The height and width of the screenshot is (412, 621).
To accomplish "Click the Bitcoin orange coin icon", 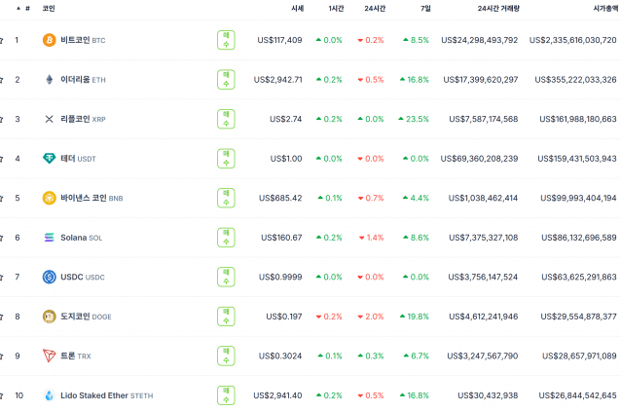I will (x=49, y=40).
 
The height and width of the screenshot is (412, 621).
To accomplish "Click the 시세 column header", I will (x=297, y=8).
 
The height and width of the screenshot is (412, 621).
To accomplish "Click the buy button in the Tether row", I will (x=226, y=159).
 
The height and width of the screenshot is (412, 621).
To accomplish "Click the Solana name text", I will (x=73, y=238).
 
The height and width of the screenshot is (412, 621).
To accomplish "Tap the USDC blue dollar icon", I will (x=49, y=278).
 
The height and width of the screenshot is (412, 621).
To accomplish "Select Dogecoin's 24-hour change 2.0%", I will (x=370, y=317).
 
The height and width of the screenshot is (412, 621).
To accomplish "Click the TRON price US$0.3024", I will (x=279, y=356).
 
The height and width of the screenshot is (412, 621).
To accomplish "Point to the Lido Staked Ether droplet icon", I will (x=49, y=395).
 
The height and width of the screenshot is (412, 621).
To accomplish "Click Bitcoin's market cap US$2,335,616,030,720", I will (x=572, y=40).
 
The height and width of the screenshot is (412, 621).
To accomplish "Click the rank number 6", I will (x=17, y=238).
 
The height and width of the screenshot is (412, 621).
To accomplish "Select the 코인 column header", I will (x=49, y=8).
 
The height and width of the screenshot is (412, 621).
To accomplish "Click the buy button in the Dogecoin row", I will (x=226, y=317).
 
